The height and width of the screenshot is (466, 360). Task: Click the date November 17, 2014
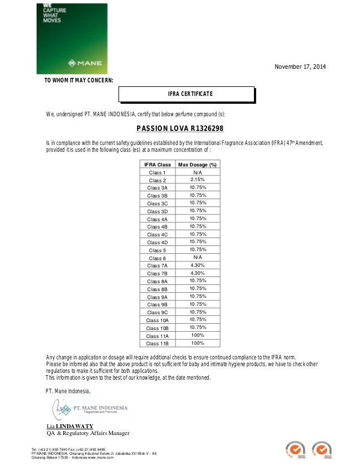point(300,68)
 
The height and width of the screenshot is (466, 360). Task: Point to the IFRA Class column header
point(156,164)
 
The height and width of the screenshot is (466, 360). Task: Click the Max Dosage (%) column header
point(197,164)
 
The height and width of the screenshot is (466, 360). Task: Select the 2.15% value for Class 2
point(197,179)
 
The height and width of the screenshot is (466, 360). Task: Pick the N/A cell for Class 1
point(197,172)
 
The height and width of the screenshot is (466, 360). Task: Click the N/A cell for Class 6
point(197,257)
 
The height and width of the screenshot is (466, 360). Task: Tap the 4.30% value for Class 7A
point(197,265)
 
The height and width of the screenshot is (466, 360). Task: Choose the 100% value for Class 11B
point(197,342)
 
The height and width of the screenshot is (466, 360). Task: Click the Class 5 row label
point(157,249)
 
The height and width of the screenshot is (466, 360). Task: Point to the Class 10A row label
point(157,320)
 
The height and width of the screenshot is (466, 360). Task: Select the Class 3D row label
point(157,211)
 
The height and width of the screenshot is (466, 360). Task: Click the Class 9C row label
point(157,312)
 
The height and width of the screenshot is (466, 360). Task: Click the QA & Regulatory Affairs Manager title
point(87,433)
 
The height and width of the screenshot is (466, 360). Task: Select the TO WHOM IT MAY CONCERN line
point(78,81)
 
